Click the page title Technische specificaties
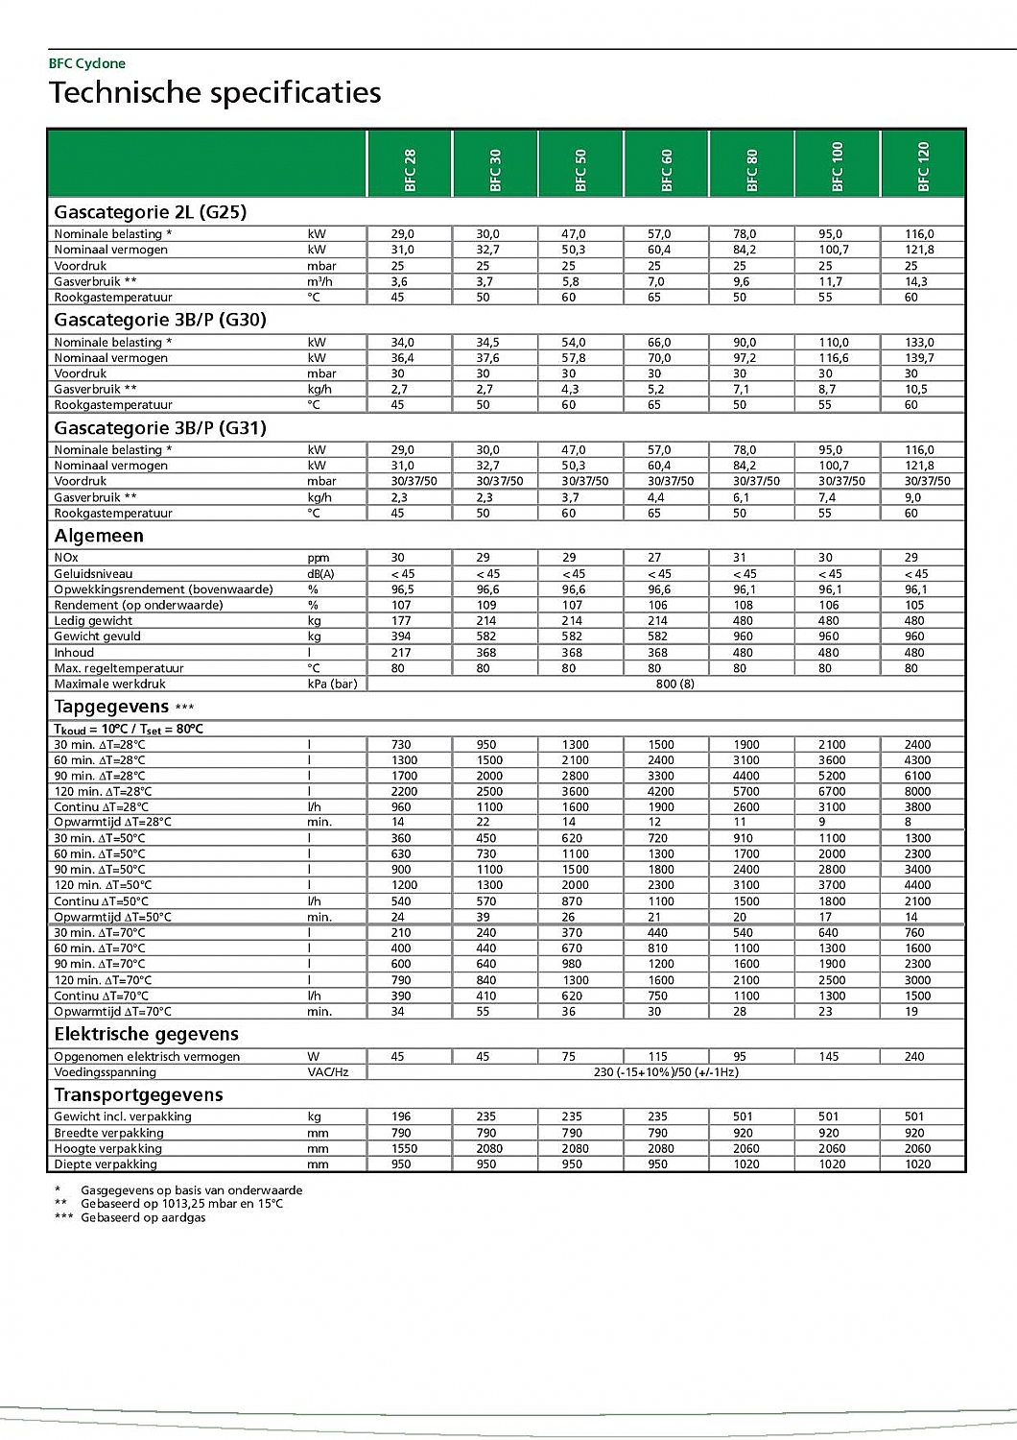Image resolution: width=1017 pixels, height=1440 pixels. pos(215,93)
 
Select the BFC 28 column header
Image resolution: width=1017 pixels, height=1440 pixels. pos(410,169)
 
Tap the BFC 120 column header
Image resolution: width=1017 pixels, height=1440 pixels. pos(923,166)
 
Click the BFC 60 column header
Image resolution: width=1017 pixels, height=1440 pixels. pos(667,169)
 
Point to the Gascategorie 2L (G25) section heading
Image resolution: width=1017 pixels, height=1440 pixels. pos(151,212)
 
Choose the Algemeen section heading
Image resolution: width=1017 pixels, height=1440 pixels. pos(99,536)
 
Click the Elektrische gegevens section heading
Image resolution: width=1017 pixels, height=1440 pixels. pos(147,1034)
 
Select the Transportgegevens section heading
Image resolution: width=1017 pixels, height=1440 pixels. pos(139,1094)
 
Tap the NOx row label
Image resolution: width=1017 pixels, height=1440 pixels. pos(66,558)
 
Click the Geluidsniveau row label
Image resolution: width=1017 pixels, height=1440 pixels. pos(93,573)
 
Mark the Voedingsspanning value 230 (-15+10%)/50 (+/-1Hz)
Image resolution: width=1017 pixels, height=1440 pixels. pos(666,1072)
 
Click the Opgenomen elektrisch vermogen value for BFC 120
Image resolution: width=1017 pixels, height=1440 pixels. pos(914,1056)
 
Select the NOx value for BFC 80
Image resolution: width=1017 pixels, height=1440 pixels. pos(740,558)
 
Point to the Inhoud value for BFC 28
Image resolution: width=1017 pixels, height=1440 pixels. pos(401,653)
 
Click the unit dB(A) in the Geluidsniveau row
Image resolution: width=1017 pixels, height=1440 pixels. pos(321,573)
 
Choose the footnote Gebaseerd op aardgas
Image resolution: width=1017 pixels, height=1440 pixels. pos(143,1217)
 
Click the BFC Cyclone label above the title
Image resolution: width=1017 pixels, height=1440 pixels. pos(87,63)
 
